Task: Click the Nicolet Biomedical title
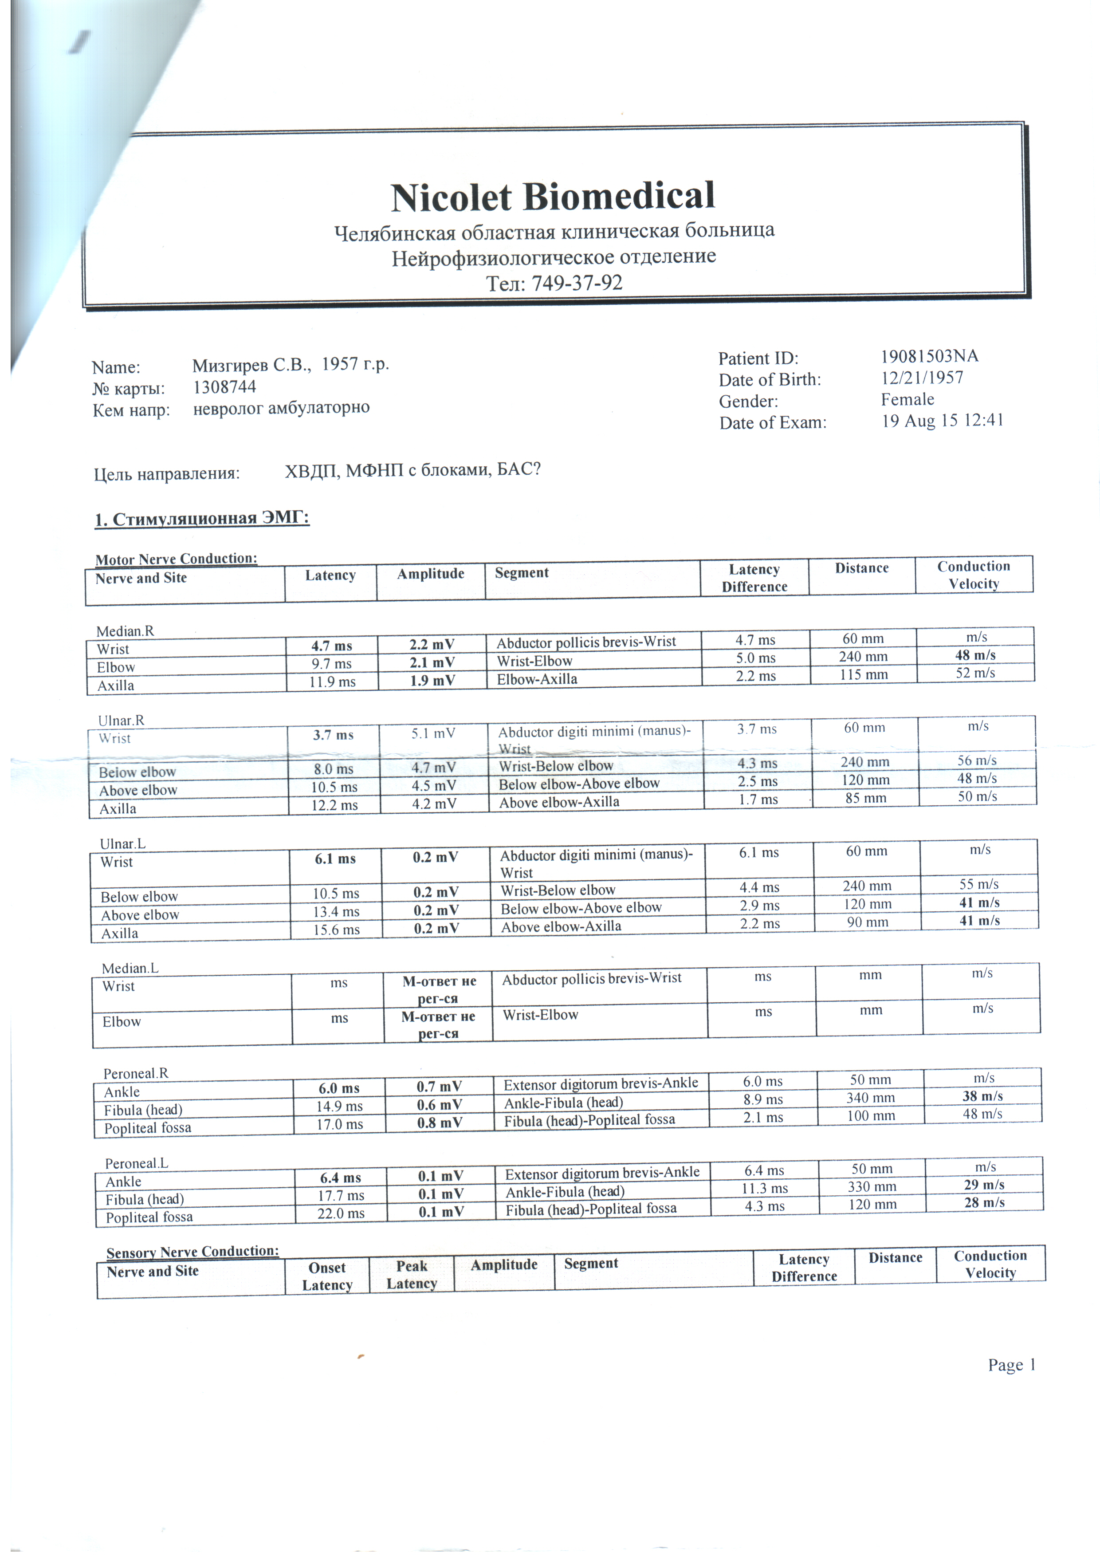(552, 197)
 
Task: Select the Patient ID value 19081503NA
(929, 356)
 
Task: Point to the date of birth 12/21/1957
(922, 378)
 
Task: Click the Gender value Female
(907, 400)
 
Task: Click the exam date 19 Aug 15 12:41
(942, 421)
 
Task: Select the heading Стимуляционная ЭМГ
(202, 519)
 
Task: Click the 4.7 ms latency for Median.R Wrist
(331, 646)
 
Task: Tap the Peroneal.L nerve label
(136, 1164)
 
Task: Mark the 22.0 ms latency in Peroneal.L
(341, 1213)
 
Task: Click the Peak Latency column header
(411, 1275)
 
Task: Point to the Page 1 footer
(1011, 1365)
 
